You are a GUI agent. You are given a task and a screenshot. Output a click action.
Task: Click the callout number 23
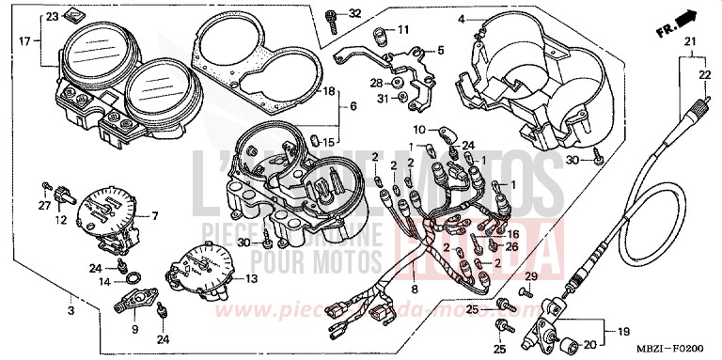51,17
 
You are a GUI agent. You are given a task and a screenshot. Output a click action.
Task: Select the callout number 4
462,19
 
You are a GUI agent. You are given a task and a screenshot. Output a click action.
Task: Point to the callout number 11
403,30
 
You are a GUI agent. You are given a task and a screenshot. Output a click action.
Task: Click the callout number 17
24,40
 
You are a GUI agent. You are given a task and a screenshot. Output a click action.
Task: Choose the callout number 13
250,279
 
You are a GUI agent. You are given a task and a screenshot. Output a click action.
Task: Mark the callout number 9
133,329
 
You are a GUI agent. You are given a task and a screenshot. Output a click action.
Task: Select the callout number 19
624,332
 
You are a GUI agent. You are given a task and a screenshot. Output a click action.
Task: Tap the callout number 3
71,309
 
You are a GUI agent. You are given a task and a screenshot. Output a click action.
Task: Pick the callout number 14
104,281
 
